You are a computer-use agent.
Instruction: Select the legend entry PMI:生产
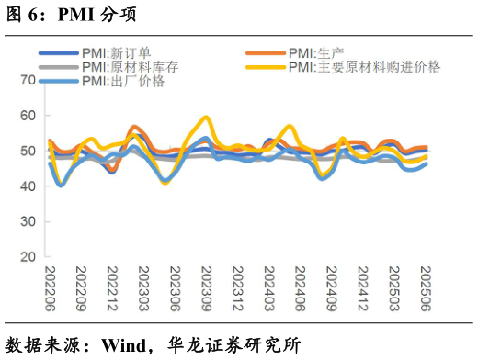point(315,53)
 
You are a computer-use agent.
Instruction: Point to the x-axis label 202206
point(50,287)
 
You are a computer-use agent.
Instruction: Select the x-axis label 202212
point(112,287)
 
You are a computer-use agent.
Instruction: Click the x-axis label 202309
point(206,287)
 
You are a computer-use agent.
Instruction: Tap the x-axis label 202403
point(268,287)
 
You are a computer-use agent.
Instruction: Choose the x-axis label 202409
point(331,287)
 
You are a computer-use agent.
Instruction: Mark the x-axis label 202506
point(425,287)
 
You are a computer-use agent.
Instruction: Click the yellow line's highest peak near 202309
point(205,118)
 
